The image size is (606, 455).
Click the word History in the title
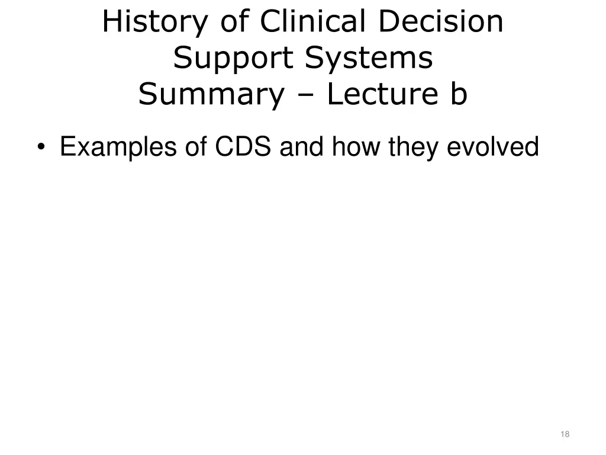pyautogui.click(x=156, y=23)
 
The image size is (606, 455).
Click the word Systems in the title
pyautogui.click(x=369, y=58)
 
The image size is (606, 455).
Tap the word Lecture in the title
pyautogui.click(x=380, y=94)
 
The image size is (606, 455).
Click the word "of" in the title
pyautogui.click(x=236, y=22)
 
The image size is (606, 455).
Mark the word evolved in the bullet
pyautogui.click(x=492, y=147)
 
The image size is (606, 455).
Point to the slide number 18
pyautogui.click(x=565, y=434)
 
